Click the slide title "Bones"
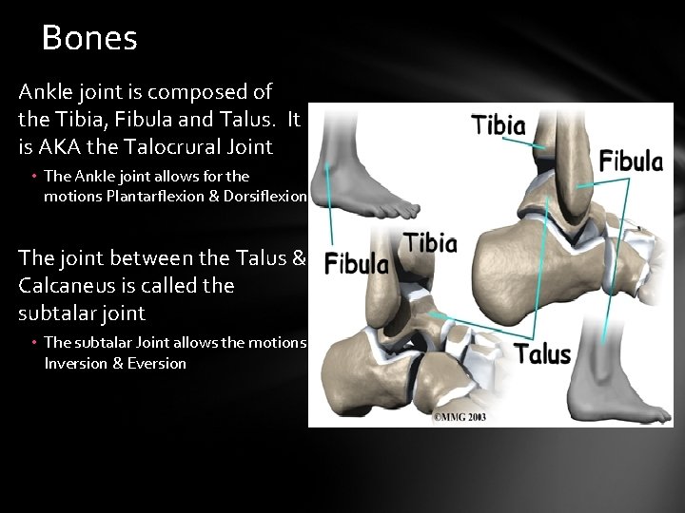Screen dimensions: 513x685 pyautogui.click(x=90, y=38)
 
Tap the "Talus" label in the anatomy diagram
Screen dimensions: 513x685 pyautogui.click(x=543, y=355)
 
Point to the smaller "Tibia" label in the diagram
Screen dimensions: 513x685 pyautogui.click(x=430, y=243)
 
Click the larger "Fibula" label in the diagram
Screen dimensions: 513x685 pyautogui.click(x=631, y=160)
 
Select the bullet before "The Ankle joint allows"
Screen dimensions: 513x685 pyautogui.click(x=33, y=177)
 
